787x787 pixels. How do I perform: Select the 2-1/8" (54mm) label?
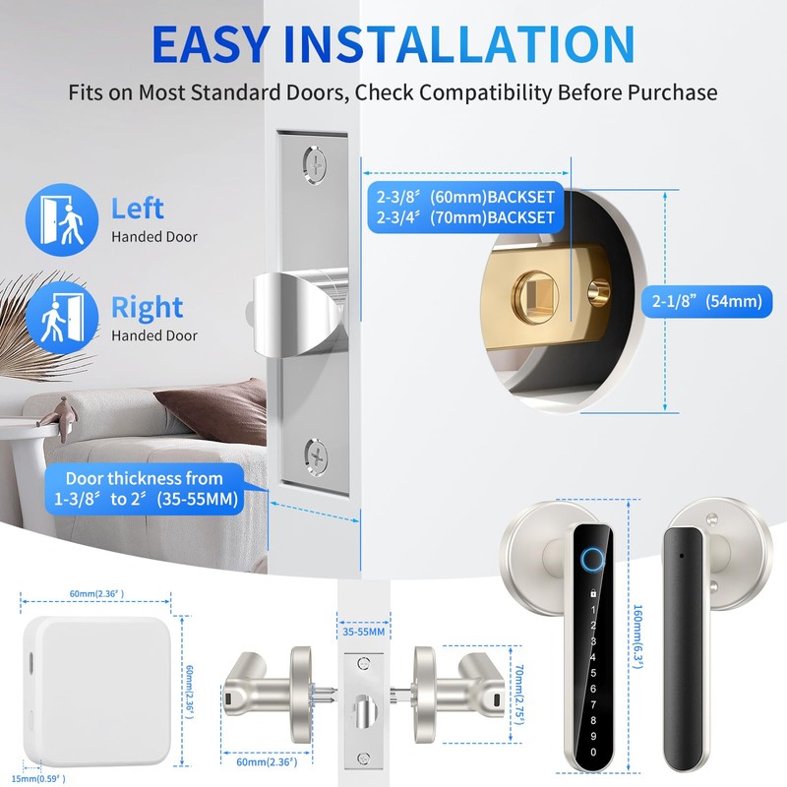tap(705, 301)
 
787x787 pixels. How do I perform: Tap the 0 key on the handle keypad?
tap(592, 752)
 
